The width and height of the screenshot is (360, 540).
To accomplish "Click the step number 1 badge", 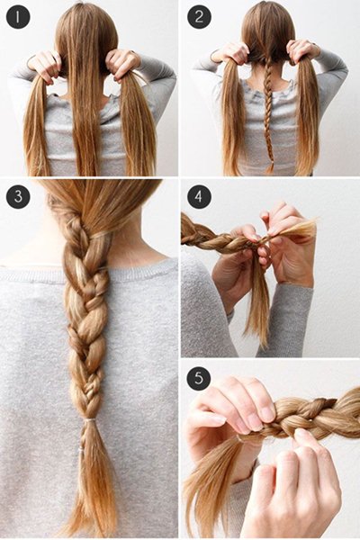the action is point(18,17).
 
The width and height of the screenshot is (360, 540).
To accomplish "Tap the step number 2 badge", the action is point(199,17).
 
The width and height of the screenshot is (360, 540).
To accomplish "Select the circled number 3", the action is point(18,196).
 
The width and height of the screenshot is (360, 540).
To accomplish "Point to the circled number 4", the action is point(199,196).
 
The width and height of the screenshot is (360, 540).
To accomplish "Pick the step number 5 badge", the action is point(199,378).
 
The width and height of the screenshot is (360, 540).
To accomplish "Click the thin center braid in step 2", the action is point(268,113).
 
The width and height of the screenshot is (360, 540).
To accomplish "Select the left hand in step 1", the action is point(45,67).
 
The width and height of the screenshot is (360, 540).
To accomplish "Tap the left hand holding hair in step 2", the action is point(230,52).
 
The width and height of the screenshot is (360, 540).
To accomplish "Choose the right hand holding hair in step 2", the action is point(302,51).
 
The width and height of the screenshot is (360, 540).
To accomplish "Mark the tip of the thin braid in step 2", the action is point(270,172).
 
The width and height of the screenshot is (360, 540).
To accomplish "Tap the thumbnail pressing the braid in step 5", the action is point(269,413).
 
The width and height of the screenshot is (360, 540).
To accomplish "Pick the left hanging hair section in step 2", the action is point(231,117).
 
